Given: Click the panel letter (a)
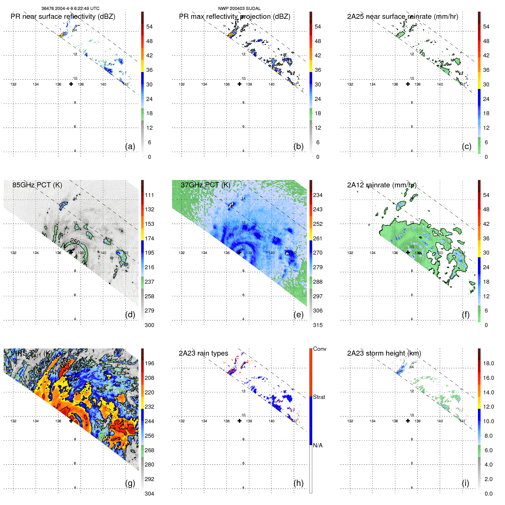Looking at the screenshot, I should pos(130,147).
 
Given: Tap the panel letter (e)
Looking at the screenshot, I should pos(298,315).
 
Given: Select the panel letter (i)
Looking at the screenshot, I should pos(465,483).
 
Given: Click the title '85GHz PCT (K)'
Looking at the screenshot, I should pos(37,185).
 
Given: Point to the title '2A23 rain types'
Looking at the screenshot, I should pos(203,353).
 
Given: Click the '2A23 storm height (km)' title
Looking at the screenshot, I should pos(384,353).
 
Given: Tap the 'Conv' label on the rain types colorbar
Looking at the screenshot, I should pos(320,349).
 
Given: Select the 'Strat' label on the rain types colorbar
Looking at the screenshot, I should pos(319,397).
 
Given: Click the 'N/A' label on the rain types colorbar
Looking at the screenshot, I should pos(318,445).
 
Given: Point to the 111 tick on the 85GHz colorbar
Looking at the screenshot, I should pos(149,195).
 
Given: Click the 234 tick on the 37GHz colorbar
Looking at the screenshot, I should pos(318,195).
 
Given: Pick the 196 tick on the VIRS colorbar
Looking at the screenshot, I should pos(149,364).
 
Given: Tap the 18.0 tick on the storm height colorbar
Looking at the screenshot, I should pos(488,364).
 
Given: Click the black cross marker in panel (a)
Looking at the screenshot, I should pos(71,84).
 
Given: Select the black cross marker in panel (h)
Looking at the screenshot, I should pos(240,421).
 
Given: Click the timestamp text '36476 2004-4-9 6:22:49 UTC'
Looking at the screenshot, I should pos(70,9).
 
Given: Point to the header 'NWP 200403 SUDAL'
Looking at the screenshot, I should pos(239,9).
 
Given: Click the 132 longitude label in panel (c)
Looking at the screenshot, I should pos(350,84).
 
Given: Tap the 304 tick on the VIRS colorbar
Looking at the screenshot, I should pos(149,494).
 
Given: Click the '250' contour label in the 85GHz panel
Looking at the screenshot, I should pos(75,242).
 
